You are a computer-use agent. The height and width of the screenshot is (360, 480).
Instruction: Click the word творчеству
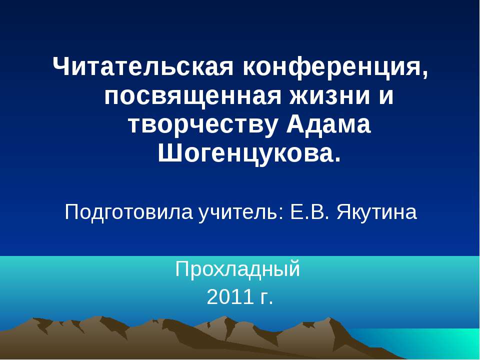pyautogui.click(x=201, y=124)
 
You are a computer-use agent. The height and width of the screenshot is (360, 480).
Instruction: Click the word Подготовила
pyautogui.click(x=128, y=212)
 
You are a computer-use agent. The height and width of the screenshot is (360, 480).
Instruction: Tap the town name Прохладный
pyautogui.click(x=238, y=269)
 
